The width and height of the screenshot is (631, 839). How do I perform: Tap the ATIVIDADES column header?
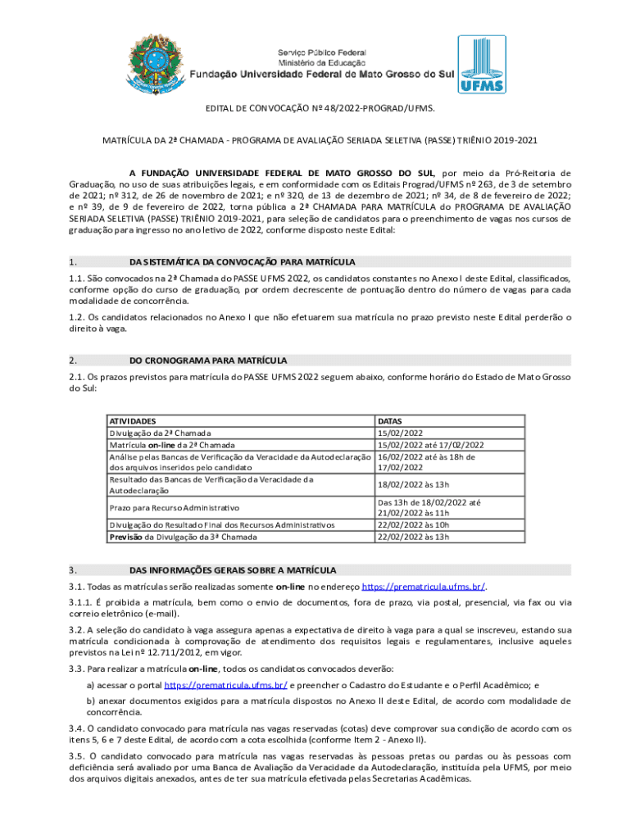[134, 419]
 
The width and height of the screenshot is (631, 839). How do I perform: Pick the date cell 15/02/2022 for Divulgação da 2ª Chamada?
[400, 433]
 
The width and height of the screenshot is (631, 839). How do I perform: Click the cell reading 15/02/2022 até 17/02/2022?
[431, 445]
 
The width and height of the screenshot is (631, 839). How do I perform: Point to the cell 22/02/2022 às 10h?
[413, 524]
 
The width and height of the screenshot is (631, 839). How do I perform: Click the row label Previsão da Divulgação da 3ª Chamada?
[183, 537]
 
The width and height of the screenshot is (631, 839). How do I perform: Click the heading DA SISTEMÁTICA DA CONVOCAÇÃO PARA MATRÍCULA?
[243, 262]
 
